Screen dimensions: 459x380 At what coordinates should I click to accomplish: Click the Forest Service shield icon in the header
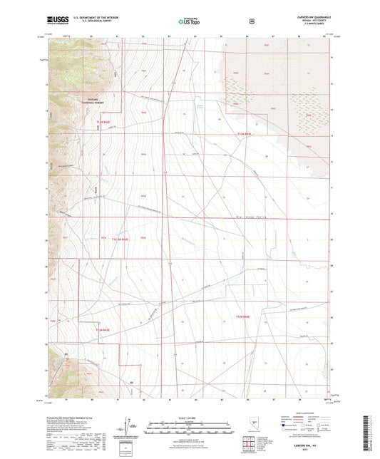(x=251, y=21)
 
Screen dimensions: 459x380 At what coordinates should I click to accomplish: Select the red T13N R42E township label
(x=103, y=122)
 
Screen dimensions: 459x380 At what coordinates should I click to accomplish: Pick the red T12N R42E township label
(x=103, y=330)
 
